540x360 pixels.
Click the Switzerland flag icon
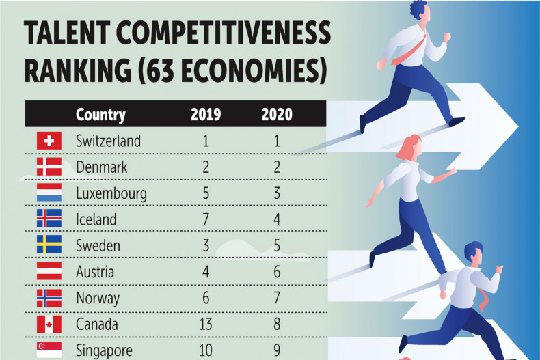pos(49,141)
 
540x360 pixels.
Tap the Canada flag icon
pos(49,324)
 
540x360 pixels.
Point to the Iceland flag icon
pos(49,219)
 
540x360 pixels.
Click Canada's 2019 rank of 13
pos(205,324)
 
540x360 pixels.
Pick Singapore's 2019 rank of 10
pos(205,350)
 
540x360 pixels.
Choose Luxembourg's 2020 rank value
pos(276,194)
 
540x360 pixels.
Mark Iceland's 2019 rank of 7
pos(205,220)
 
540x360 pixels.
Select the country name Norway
pos(98,298)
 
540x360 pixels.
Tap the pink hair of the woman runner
pos(410,147)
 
